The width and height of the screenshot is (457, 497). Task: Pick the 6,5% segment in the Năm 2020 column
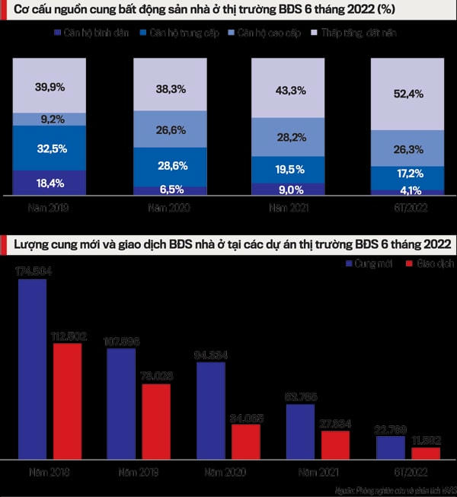point(170,190)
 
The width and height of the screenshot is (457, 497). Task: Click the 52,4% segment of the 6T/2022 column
point(407,94)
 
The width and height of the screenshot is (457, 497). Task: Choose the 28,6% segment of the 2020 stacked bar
point(170,166)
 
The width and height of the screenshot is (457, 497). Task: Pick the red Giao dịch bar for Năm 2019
point(156,421)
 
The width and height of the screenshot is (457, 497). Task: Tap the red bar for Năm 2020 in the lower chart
point(245,441)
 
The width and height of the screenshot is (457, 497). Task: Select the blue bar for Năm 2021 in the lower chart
point(300,431)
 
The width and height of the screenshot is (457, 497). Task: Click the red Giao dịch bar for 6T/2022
point(425,452)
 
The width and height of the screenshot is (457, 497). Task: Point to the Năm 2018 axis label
point(50,473)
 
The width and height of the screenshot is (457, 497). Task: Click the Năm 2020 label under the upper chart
point(170,206)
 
